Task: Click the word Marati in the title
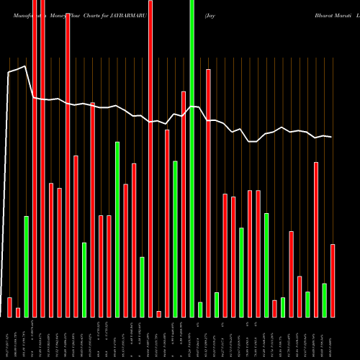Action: (340, 14)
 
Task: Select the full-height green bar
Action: (192, 158)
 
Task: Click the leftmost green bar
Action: (27, 266)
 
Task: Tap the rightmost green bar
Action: (325, 300)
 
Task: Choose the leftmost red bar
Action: (10, 307)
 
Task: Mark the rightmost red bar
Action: (333, 281)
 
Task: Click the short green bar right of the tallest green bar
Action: (200, 310)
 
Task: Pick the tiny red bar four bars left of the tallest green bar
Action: (159, 314)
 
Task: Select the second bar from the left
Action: (18, 312)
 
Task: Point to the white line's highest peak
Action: (26, 66)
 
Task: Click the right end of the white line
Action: (331, 137)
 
